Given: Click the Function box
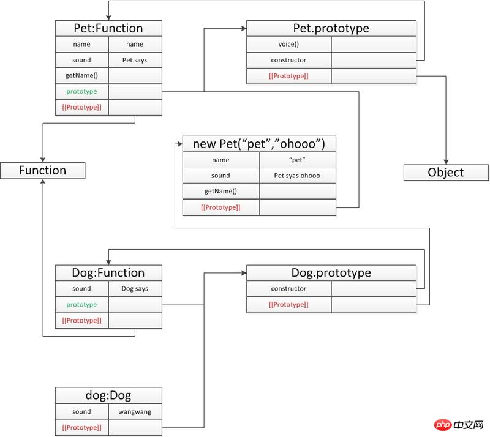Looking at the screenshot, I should pos(42,170).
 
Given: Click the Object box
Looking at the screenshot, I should pos(445,172).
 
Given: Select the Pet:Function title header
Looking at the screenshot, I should pos(108,28).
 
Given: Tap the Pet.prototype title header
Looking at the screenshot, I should pos(331,28).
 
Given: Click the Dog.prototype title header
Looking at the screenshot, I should pos(331,272).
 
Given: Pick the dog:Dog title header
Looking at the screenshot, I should pos(108,395).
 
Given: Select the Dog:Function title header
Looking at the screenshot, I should pos(108,272).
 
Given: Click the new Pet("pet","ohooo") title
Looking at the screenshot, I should pos(259,144).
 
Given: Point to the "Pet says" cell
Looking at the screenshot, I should pos(135,60).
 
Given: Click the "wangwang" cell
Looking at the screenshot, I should pos(135,412).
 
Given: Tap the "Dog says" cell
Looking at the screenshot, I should pos(135,289).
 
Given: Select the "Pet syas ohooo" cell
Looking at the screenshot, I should pos(297,176).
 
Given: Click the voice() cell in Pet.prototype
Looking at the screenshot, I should pos(288,45).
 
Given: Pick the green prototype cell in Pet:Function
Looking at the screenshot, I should pos(81,91).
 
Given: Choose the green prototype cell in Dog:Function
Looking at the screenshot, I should pos(81,304).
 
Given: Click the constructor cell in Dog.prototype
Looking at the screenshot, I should pos(288,289).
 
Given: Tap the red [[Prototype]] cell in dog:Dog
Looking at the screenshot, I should pos(81,427).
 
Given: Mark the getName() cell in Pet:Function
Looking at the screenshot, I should pos(81,76).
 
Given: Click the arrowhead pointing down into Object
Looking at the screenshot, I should pos(445,160).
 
